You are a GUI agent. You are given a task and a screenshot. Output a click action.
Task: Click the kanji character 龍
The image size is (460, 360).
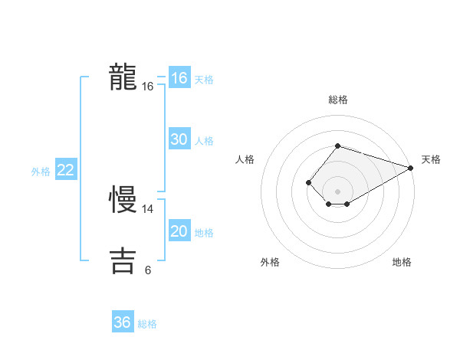click(x=123, y=78)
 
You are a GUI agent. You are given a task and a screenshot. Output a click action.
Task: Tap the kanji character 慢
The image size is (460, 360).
click(x=123, y=200)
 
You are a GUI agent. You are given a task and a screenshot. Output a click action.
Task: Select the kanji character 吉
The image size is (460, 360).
click(x=123, y=260)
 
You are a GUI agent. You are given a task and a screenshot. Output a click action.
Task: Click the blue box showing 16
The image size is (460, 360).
click(x=179, y=78)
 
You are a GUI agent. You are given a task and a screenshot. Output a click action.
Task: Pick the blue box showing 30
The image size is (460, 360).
click(x=179, y=139)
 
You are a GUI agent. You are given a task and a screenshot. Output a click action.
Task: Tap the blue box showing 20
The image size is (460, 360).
click(x=179, y=231)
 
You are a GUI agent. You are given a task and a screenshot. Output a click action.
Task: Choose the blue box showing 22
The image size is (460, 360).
click(x=66, y=170)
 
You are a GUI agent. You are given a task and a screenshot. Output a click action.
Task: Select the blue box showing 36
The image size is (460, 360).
click(x=123, y=322)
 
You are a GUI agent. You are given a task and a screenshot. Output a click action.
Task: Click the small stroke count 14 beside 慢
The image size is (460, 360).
click(x=148, y=208)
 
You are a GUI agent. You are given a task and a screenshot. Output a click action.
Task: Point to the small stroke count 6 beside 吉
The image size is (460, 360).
click(x=148, y=270)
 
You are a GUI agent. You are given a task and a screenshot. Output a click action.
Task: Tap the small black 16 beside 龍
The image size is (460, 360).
click(x=148, y=87)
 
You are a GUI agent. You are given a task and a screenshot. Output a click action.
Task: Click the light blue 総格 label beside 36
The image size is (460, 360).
click(x=147, y=324)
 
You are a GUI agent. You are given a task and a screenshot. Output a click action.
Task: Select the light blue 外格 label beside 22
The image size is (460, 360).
click(x=41, y=172)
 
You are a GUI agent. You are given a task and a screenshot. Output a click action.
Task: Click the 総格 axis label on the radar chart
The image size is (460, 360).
click(x=337, y=100)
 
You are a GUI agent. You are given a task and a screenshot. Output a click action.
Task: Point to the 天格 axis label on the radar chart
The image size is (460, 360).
click(x=431, y=159)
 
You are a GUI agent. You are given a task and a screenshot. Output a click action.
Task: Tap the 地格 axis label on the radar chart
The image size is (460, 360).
click(x=402, y=263)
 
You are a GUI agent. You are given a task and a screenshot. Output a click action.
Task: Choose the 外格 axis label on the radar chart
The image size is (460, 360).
click(x=270, y=263)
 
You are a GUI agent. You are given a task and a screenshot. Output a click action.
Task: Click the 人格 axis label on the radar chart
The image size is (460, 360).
click(x=245, y=159)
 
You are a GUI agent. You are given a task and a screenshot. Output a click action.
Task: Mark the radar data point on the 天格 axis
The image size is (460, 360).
click(x=411, y=168)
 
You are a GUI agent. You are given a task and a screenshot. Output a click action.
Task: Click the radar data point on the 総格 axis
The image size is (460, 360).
click(x=337, y=146)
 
